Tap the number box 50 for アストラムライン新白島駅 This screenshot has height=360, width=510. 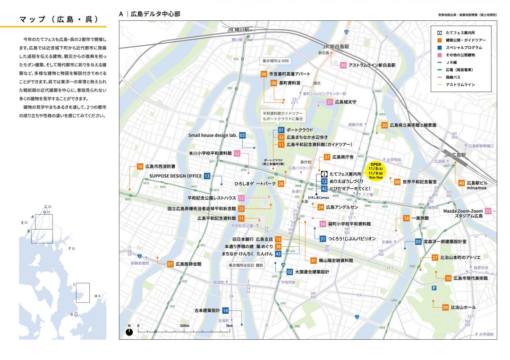[x=343, y=66]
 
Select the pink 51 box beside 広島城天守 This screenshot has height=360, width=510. [x=330, y=102]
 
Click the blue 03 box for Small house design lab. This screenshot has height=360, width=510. [x=242, y=135]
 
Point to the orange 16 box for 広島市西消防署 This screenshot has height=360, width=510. [x=140, y=167]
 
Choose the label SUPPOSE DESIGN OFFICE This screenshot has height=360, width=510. [x=176, y=176]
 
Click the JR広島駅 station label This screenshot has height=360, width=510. [x=454, y=155]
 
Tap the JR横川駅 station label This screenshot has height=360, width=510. [x=238, y=29]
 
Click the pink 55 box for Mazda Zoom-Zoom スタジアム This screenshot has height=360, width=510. [x=488, y=211]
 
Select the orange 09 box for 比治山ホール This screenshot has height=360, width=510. [x=445, y=307]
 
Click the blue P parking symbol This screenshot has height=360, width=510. [x=433, y=288]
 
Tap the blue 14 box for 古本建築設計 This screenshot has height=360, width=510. [x=226, y=310]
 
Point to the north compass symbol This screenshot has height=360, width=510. [x=129, y=332]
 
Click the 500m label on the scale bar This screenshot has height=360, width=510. [x=184, y=326]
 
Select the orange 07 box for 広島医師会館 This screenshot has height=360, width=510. [x=170, y=264]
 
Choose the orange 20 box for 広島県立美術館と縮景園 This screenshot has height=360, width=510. [x=385, y=126]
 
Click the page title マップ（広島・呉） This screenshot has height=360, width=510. [x=59, y=19]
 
